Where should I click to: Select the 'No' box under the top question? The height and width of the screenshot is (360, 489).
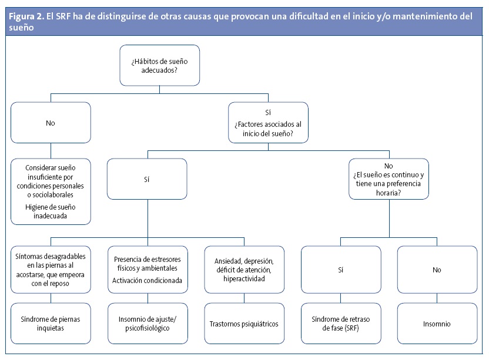(51, 124)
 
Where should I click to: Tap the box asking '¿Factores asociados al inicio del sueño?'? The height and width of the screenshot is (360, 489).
(268, 123)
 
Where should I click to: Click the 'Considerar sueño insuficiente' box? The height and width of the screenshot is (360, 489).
(51, 191)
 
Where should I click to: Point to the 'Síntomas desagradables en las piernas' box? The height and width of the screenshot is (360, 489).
(51, 269)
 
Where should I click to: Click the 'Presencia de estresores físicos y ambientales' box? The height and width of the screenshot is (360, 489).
(147, 269)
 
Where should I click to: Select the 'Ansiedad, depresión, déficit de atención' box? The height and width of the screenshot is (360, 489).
(244, 269)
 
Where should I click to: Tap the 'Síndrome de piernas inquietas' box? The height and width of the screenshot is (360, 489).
(51, 323)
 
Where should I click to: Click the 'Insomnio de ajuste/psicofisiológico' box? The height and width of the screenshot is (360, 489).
(147, 323)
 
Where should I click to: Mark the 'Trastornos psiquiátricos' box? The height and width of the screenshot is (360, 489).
(244, 323)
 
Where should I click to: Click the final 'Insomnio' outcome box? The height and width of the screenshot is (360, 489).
(437, 323)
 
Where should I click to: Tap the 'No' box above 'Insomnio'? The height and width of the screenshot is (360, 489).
(437, 269)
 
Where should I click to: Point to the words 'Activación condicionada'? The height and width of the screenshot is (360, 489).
(147, 280)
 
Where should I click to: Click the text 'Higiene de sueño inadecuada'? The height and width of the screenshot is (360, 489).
(51, 211)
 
